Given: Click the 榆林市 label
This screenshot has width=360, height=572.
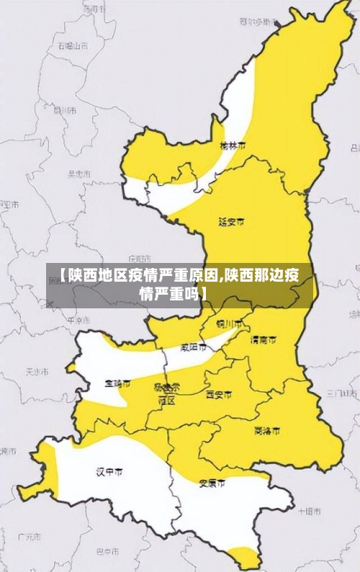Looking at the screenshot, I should [233, 145].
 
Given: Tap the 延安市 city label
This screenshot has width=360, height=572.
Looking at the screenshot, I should [231, 221].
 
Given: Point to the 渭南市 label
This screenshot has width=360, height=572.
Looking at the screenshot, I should [263, 339].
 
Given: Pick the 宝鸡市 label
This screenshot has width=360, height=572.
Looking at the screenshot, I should [117, 384].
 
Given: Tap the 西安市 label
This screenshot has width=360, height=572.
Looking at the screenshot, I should [219, 395].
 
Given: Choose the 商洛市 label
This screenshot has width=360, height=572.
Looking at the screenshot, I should [267, 431].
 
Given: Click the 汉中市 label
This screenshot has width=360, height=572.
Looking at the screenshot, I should [109, 472].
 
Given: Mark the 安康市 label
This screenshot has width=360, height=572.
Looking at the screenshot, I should [212, 483].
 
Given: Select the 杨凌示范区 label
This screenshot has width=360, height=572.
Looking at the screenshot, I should [167, 393].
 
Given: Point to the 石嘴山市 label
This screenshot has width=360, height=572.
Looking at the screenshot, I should [73, 45].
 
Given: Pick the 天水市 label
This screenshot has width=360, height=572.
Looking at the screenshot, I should [37, 372].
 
